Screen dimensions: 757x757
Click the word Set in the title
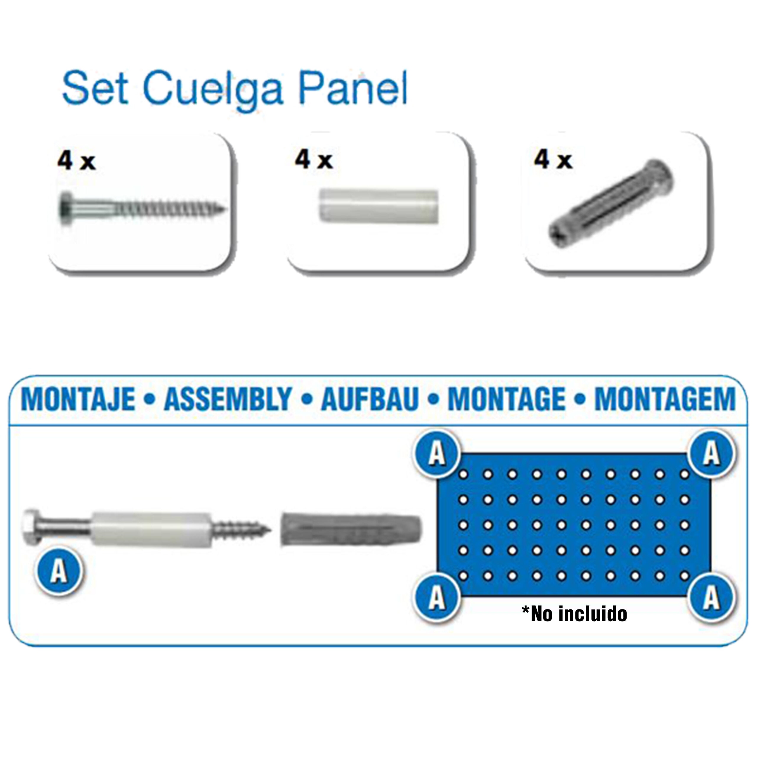click(96, 87)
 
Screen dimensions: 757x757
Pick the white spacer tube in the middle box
click(378, 206)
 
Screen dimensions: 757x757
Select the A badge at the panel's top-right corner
click(711, 453)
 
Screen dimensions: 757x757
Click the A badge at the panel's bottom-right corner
click(711, 598)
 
